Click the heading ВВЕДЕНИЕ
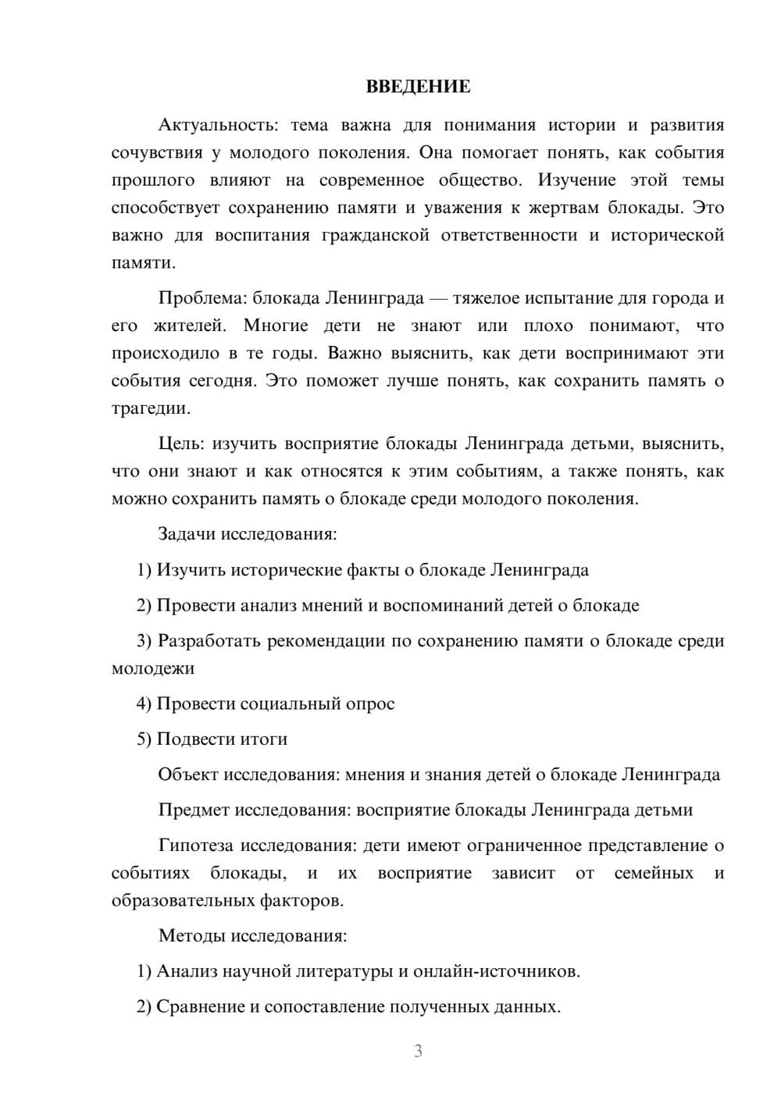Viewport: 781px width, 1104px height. click(418, 87)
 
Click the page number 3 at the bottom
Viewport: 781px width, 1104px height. click(418, 1051)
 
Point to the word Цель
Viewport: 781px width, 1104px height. click(181, 444)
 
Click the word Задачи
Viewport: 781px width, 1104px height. click(187, 535)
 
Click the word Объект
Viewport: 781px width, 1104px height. click(187, 775)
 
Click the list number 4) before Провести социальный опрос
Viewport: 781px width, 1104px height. click(144, 704)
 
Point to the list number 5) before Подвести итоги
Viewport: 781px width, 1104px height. click(144, 739)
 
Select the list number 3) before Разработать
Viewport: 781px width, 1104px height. click(144, 641)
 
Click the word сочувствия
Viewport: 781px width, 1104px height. click(156, 153)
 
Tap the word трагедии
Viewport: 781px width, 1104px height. click(150, 408)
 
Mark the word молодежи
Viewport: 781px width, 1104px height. click(153, 668)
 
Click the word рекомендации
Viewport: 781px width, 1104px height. click(326, 641)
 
